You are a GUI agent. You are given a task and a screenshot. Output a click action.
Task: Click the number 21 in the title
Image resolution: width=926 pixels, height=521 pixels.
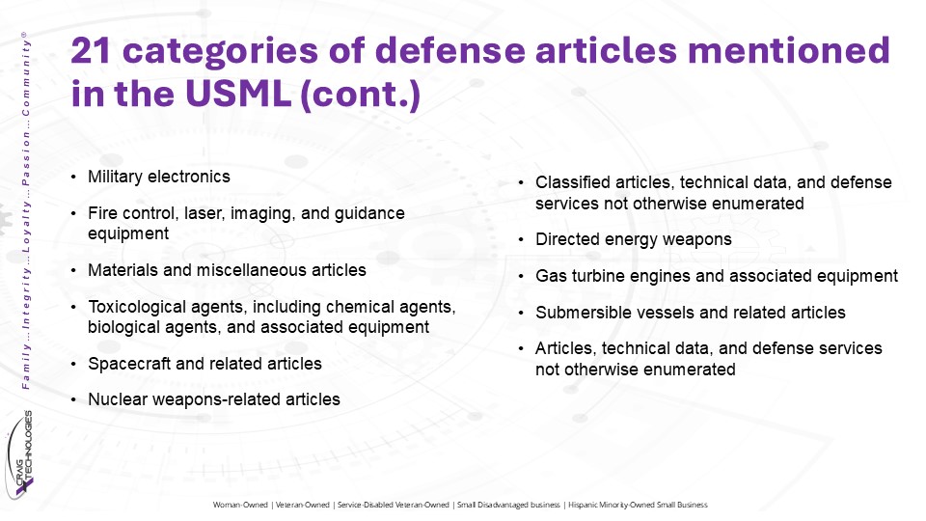(x=91, y=50)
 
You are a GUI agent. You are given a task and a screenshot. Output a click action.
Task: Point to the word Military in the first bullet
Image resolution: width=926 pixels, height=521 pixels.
(x=115, y=177)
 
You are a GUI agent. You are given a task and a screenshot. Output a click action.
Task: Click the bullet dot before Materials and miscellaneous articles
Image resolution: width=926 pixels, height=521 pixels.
(x=73, y=271)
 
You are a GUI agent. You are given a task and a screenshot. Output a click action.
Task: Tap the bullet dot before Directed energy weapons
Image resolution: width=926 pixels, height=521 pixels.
(x=521, y=240)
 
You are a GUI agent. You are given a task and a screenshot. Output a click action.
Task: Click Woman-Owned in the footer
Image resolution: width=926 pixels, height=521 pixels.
(x=240, y=505)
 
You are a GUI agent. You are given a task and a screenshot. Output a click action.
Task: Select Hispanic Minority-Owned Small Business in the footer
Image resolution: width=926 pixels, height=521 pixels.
(x=638, y=505)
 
